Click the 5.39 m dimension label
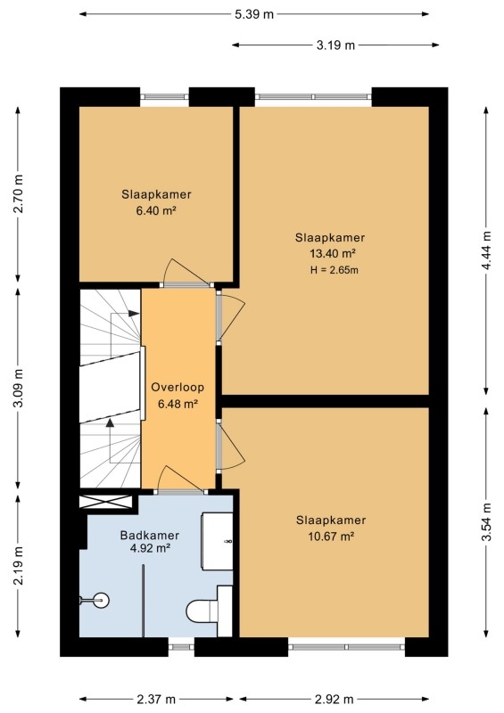pos(254,14)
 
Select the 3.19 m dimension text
pos(335,45)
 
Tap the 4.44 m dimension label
pos(487,250)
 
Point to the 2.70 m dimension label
pos(18,193)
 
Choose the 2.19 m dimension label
pos(18,565)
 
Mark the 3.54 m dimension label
pos(487,522)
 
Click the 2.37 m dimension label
pos(156,699)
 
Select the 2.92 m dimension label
pos(335,699)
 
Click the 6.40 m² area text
pos(156,211)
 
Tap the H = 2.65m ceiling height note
pos(335,270)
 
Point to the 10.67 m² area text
pos(331,537)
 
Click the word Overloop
pos(178,388)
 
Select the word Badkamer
pos(150,536)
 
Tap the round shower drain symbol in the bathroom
pos(100,600)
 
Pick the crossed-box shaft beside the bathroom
pos(106,502)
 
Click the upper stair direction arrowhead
pos(134,314)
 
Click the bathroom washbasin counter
pos(217,541)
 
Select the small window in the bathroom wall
pos(181,647)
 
